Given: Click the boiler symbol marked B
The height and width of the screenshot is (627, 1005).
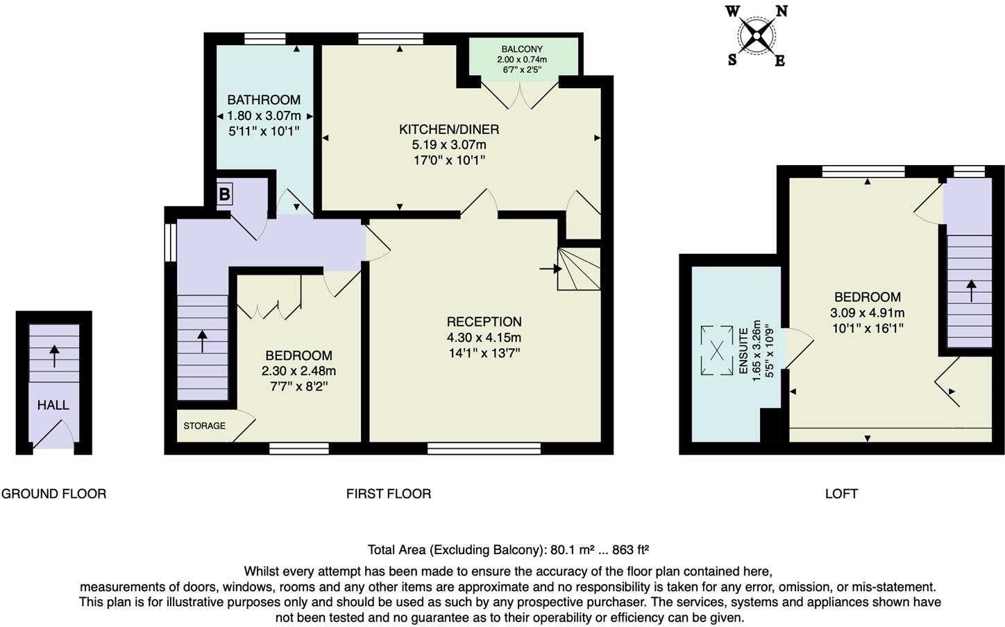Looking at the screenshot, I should click(224, 195).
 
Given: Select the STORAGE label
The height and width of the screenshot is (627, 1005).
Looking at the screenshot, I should click(204, 426).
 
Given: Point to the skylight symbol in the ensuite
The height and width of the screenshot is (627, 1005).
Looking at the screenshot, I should click(716, 350).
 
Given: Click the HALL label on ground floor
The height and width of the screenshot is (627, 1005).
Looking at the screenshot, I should click(53, 405).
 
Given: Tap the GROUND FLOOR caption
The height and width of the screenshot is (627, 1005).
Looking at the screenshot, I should click(53, 494).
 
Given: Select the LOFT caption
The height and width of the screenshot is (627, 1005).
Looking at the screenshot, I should click(841, 494).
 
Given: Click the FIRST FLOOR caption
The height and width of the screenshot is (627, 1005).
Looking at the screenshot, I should click(389, 494).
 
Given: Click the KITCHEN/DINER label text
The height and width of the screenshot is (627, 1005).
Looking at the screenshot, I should click(449, 130).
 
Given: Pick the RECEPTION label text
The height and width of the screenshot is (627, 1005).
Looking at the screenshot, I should click(484, 322).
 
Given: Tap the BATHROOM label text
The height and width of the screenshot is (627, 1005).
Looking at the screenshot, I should click(264, 100).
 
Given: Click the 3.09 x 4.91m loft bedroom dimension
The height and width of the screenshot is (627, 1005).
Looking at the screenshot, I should click(867, 313).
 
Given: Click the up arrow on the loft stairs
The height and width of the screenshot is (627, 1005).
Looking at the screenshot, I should click(970, 291).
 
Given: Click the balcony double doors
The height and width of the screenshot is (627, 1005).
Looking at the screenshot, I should click(519, 94).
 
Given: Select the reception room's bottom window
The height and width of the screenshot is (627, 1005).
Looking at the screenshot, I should click(484, 449).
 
